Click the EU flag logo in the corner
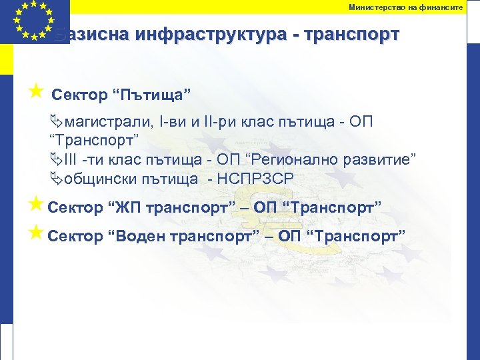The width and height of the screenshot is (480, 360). tap(33, 22)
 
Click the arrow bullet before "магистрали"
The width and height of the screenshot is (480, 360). tap(56, 123)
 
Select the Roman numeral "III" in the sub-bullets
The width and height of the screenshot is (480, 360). tap(71, 160)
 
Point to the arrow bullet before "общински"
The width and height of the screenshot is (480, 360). tap(56, 179)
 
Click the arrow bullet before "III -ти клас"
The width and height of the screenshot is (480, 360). tap(56, 160)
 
